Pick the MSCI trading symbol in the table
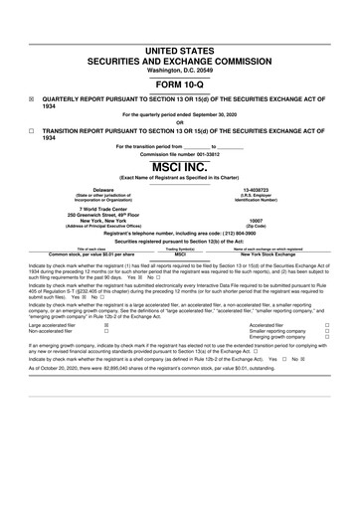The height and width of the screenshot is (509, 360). [180, 254]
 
